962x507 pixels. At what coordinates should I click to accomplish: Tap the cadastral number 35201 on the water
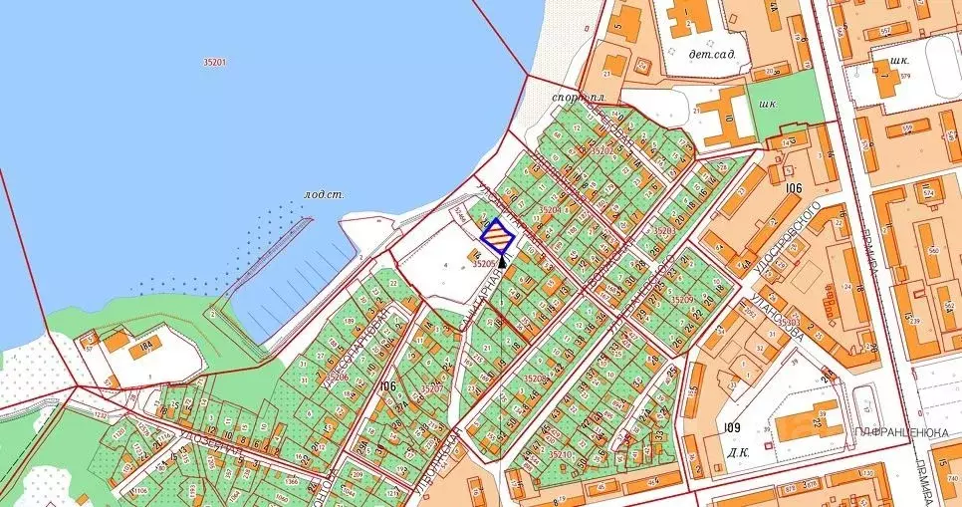(214, 62)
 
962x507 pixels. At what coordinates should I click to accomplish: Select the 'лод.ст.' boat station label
(325, 194)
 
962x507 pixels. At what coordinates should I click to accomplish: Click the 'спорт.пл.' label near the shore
(580, 98)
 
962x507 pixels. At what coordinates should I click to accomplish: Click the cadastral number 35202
(603, 150)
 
